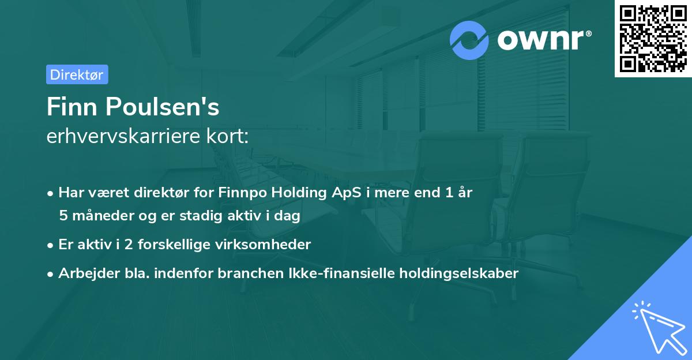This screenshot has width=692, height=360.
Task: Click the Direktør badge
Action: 77,74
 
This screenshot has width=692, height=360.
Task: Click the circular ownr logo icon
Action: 469,40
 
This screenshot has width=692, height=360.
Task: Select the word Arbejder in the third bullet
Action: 84,273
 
